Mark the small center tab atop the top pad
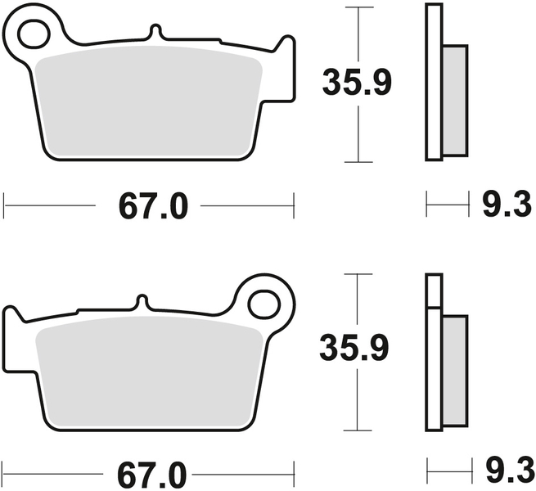pos(154,32)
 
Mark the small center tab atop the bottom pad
pos(142,302)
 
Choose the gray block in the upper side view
pos(455,98)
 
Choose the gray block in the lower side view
pos(454,368)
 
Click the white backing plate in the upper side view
pos(434,82)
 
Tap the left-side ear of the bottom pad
pos(14,323)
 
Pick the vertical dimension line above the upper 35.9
pos(357,33)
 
